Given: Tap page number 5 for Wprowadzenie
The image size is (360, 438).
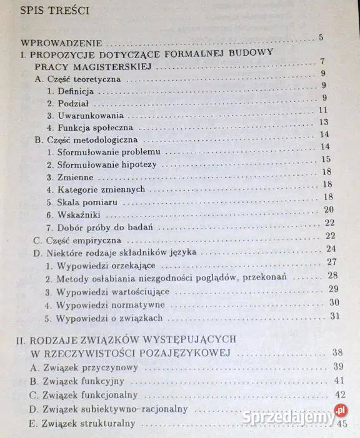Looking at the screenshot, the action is click(321, 38).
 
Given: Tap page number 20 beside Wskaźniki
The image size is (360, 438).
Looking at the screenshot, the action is click(329, 210).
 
